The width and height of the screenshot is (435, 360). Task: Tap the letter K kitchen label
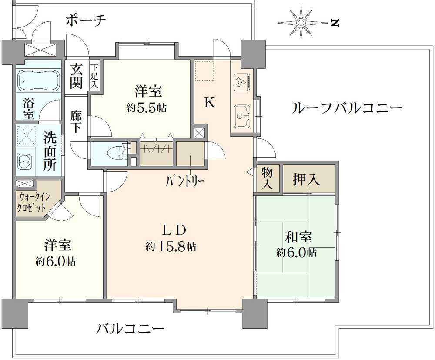[x=210, y=103]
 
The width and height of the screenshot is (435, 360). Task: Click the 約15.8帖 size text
[x=171, y=246]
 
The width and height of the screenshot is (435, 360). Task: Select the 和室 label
[x=299, y=237]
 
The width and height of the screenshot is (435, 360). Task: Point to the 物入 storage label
[x=267, y=179]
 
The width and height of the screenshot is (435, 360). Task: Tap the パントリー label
[x=185, y=182]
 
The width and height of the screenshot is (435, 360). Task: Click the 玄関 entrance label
[x=76, y=76]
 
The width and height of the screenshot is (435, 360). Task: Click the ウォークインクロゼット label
[x=33, y=202]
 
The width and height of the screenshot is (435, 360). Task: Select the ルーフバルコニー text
[x=347, y=108]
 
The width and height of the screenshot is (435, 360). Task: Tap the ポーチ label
[x=86, y=20]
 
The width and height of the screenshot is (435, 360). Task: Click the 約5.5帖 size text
[x=146, y=108]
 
